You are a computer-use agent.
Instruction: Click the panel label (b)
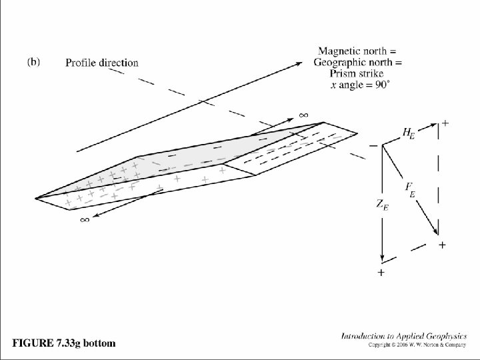[x=33, y=62]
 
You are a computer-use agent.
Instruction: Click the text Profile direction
[x=102, y=63]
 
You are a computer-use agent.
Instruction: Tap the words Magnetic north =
[x=357, y=51]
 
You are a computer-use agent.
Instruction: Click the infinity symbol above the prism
[x=303, y=115]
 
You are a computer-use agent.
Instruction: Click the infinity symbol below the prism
[x=85, y=220]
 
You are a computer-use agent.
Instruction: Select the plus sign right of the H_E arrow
[x=445, y=123]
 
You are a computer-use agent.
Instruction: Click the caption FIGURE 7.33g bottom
[x=64, y=343]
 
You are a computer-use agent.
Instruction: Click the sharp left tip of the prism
[x=37, y=197]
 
